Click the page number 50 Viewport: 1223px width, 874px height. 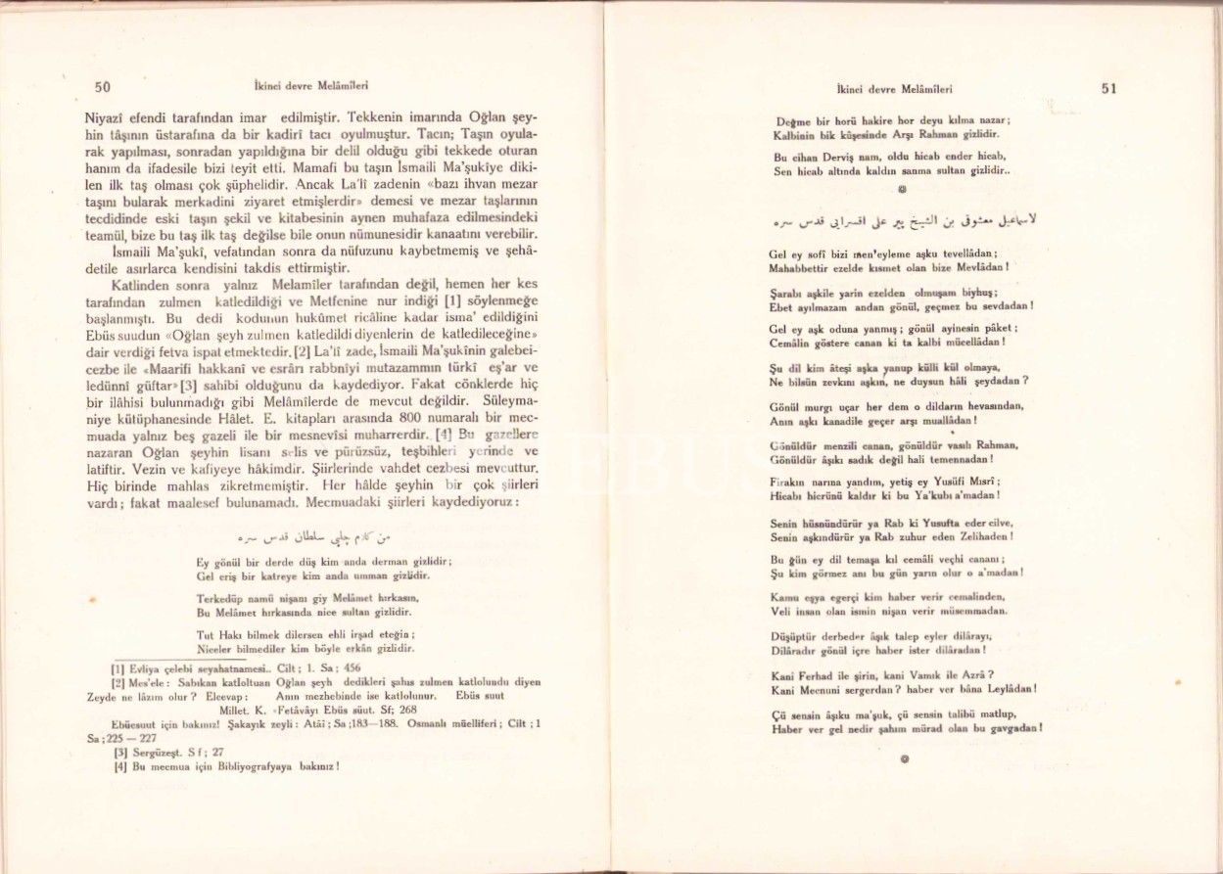point(102,87)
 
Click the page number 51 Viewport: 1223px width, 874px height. point(1108,87)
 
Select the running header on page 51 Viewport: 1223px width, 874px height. point(890,88)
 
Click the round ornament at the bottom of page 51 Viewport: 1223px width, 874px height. point(903,759)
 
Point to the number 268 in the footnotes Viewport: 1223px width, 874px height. point(406,710)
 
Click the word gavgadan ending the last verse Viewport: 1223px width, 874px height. point(1011,728)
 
